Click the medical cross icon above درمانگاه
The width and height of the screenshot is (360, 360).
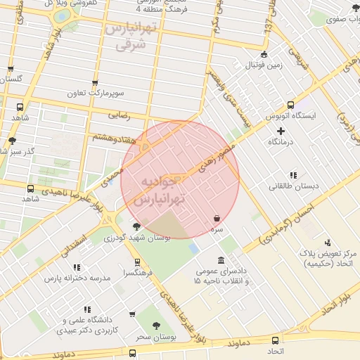coord(281,131)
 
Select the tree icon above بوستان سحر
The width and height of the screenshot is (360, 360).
coord(157,326)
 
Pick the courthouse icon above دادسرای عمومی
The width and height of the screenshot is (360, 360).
coord(221,260)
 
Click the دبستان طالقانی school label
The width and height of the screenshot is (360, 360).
coord(292,187)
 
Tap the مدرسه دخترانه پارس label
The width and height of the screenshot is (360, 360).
coord(77,278)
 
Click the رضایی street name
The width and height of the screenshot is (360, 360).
coord(117,113)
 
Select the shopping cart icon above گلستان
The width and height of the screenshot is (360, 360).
coord(10,69)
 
